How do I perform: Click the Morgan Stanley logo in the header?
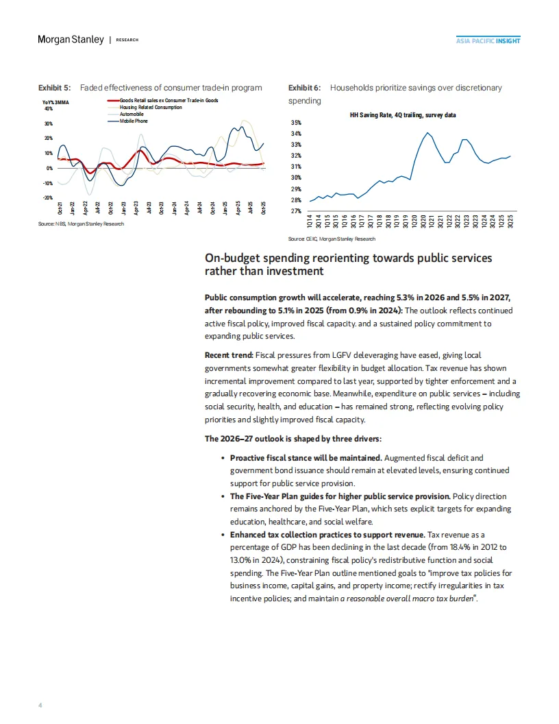[x=71, y=40]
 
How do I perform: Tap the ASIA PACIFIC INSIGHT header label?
[x=488, y=40]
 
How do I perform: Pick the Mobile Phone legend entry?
[x=133, y=121]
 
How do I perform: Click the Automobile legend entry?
[x=133, y=114]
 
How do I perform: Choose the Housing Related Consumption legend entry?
[x=151, y=108]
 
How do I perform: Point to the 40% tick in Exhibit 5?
[x=48, y=108]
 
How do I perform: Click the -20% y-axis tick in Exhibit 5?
[x=47, y=198]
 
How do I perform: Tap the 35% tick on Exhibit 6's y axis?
[x=296, y=122]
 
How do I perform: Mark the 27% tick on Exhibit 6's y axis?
[x=296, y=211]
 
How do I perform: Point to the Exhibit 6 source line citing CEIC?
[x=332, y=239]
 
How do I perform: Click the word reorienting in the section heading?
[x=332, y=258]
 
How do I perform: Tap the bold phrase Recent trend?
[x=229, y=355]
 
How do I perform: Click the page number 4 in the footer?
[x=39, y=703]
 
